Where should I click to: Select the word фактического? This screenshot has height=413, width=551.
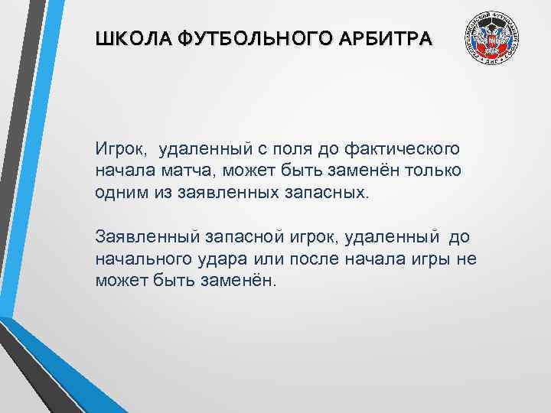(399, 146)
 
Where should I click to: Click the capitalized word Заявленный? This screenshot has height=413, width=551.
(142, 236)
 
